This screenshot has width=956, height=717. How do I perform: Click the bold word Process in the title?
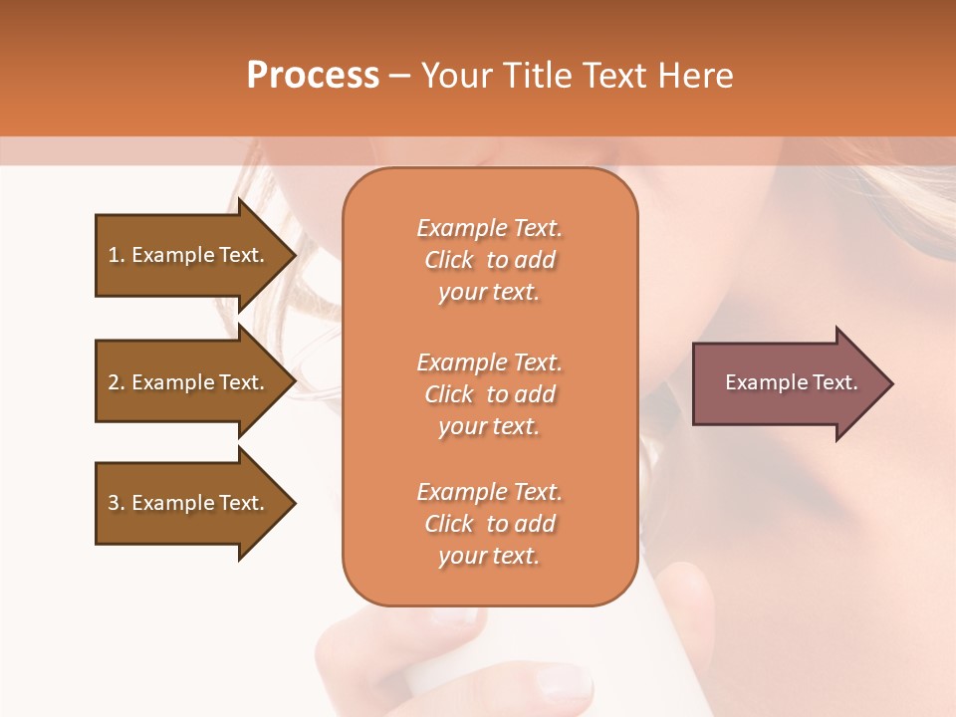tap(313, 76)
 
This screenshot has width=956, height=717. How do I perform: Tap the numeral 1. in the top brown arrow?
tap(117, 255)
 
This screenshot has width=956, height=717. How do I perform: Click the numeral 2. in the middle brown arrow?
tap(117, 382)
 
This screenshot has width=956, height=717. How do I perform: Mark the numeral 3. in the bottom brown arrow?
tap(117, 503)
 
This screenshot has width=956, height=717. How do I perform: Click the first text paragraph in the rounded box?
tap(489, 260)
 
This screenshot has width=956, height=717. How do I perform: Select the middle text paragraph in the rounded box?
tap(489, 394)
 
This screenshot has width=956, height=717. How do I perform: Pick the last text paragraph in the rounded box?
tap(489, 524)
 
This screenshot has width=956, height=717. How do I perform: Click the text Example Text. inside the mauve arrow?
tap(792, 382)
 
